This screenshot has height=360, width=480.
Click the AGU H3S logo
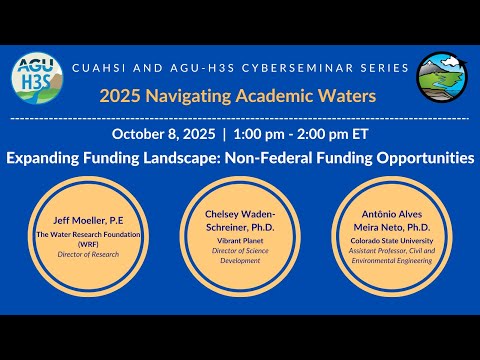pos(37,78)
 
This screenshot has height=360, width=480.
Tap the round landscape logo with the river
pos(442,77)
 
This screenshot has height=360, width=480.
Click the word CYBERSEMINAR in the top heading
pos(297,68)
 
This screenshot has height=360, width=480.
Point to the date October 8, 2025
pos(163,134)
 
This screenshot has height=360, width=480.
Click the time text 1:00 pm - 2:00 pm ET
pos(301,134)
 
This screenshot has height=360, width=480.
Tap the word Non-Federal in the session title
pos(269,158)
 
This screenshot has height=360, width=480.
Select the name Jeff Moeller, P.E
pos(88,220)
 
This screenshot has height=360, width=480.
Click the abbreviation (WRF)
pos(88,244)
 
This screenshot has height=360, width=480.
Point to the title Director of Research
pos(88,254)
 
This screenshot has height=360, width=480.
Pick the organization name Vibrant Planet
pos(240,241)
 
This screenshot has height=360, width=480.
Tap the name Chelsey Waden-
pos(240,214)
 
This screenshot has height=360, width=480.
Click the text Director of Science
pos(240,251)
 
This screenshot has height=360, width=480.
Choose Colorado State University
pos(392,241)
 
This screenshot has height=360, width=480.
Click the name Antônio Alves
pos(392,214)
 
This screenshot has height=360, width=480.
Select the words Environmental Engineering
pos(392,261)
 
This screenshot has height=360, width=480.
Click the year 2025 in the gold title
pos(120,96)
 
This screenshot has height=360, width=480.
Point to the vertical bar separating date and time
pos(224,134)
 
